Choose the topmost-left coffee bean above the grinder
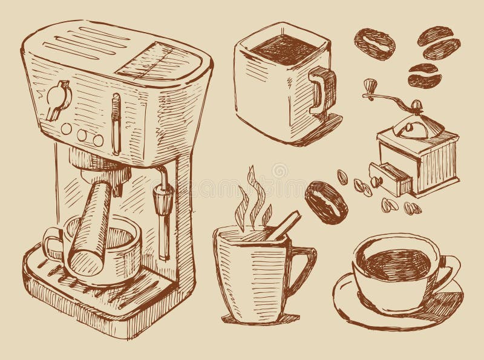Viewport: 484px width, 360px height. (374, 41)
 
